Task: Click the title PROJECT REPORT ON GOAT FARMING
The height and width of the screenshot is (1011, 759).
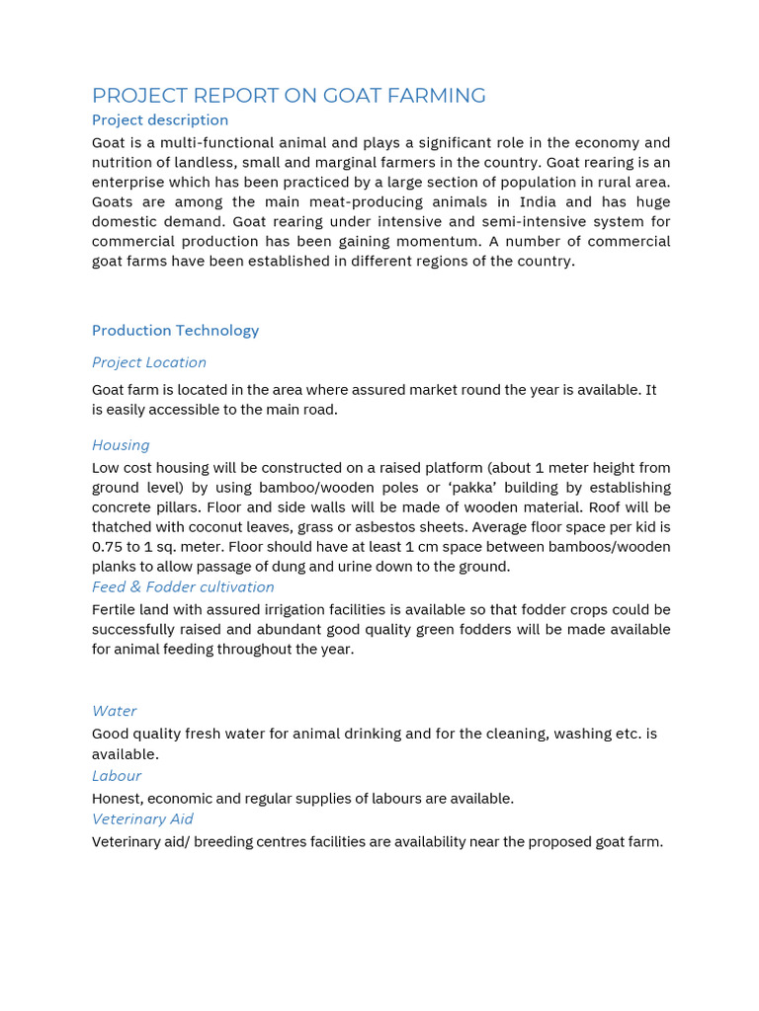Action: coord(289,96)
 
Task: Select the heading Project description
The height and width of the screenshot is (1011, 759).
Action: coord(160,120)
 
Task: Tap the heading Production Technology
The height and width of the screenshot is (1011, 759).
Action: coord(175,331)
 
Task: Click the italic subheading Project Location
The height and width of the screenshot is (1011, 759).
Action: coord(149,362)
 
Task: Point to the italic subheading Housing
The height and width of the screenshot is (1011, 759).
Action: coord(121,445)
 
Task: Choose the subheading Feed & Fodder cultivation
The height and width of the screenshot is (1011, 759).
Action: coord(183,586)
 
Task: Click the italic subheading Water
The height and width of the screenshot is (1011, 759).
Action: coord(114,711)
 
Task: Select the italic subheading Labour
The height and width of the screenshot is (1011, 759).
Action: coord(117,776)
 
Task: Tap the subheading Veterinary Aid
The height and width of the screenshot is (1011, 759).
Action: coord(142,819)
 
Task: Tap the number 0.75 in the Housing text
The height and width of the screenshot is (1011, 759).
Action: coord(108,547)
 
